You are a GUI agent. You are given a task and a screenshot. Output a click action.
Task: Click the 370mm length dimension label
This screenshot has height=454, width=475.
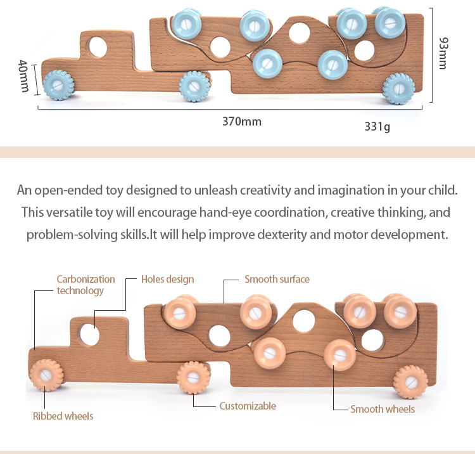(242, 122)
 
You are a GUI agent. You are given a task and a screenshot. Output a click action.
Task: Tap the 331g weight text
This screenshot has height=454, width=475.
(377, 126)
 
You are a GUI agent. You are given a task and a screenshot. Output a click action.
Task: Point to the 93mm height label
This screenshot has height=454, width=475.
(443, 53)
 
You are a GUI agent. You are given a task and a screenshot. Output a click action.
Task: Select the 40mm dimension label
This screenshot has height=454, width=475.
(23, 76)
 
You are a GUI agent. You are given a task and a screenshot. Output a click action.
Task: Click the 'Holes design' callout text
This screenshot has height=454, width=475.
(168, 280)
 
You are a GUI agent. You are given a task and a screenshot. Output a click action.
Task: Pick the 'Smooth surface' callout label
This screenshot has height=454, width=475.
(277, 279)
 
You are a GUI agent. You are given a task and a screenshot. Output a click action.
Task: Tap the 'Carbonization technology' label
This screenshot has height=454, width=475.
(85, 285)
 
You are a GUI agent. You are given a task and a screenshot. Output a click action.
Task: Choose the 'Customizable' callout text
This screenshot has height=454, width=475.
(248, 406)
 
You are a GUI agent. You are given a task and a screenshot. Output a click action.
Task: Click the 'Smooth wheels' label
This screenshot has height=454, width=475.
(383, 409)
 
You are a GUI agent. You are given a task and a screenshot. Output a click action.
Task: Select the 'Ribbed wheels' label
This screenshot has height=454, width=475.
(63, 416)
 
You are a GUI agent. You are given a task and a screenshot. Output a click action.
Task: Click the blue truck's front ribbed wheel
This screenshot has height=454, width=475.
(58, 85)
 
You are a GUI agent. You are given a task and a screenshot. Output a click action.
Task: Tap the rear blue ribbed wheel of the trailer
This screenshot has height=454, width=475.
(398, 89)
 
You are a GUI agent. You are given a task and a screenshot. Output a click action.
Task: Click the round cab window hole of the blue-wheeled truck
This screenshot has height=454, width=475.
(98, 47)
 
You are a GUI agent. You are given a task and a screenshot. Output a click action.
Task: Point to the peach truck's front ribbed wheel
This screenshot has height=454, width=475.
(47, 375)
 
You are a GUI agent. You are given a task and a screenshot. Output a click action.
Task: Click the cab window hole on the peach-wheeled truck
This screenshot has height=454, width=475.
(90, 335)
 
